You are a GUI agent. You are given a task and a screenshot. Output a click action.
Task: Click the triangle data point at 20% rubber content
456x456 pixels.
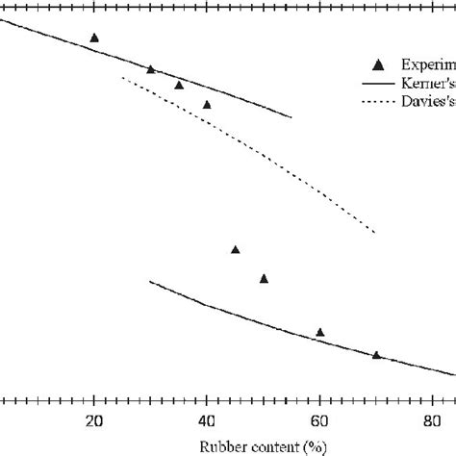coord(94,38)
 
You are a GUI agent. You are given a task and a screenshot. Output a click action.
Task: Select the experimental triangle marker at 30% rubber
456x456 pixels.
coord(150,69)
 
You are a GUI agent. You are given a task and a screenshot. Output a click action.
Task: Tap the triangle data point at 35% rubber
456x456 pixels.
coord(179,85)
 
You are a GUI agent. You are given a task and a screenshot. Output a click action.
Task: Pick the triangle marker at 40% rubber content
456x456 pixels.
coord(207,104)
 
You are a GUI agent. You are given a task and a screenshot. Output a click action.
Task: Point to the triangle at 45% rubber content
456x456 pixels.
coord(236,250)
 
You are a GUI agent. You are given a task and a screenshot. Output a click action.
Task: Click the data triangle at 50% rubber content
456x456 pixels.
coord(264,279)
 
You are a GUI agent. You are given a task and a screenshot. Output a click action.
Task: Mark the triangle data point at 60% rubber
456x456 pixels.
coord(320,333)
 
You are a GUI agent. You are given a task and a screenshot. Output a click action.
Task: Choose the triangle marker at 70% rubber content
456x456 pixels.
coord(376,355)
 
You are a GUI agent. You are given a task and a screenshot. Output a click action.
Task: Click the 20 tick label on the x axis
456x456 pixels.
coord(94,420)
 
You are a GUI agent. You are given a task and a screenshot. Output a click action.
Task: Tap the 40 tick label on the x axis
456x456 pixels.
coord(207,420)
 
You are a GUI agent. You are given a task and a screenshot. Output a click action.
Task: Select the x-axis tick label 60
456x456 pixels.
coord(319,420)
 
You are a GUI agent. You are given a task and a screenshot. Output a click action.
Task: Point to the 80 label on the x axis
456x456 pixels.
coord(432,420)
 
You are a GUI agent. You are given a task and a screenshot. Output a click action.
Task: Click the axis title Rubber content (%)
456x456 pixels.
coord(261,446)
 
